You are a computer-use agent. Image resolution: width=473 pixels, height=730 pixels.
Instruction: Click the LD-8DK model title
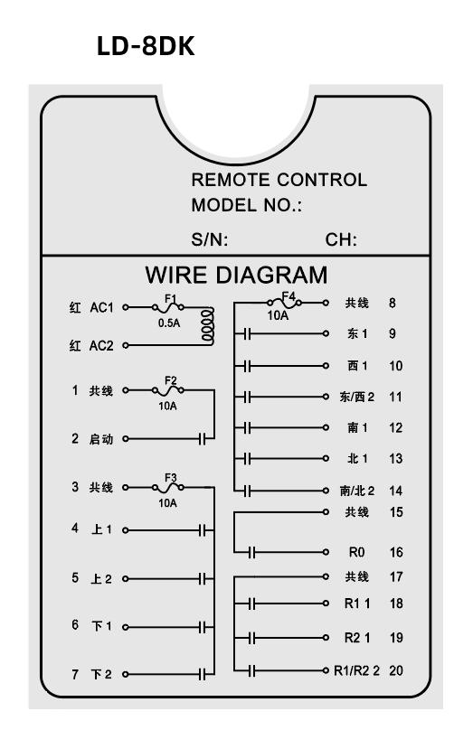[146, 46]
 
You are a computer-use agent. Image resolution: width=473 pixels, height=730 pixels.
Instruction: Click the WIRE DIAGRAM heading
[236, 275]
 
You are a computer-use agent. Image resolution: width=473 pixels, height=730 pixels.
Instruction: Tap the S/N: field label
[209, 239]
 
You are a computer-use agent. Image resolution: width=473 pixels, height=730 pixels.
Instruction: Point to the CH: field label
[341, 239]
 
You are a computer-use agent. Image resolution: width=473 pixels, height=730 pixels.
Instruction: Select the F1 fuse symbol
[167, 307]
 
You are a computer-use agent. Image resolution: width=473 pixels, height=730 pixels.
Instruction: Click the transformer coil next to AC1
[207, 326]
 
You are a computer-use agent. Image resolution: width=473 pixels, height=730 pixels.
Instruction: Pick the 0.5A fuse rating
[169, 323]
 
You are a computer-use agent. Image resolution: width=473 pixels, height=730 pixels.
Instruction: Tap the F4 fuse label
[289, 296]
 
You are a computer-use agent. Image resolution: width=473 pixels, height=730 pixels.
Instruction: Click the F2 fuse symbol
[167, 390]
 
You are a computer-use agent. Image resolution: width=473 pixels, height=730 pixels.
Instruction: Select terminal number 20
[396, 670]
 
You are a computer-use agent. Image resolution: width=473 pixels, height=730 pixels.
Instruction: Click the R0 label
[356, 552]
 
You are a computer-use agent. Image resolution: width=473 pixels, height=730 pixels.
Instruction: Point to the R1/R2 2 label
[357, 670]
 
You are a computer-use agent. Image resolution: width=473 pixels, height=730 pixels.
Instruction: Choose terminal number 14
[395, 491]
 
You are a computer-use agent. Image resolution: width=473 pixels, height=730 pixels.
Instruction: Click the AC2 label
[101, 345]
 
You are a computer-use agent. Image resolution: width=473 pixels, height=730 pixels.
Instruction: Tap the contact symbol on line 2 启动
[203, 438]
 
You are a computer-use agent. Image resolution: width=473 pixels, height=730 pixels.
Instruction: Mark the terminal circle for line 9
[326, 333]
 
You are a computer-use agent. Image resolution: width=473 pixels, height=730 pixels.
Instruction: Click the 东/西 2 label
[357, 397]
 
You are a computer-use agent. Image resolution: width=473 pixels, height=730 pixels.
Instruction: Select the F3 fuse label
[171, 478]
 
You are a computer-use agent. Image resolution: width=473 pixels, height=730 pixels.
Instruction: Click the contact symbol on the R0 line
[251, 553]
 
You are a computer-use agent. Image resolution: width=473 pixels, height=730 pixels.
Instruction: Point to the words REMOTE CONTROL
[279, 180]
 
